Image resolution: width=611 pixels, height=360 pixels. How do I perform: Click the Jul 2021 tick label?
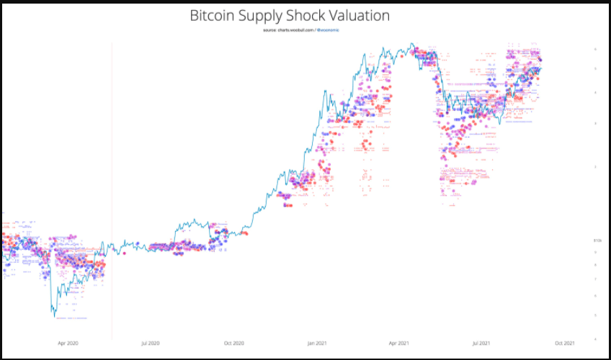pos(481,343)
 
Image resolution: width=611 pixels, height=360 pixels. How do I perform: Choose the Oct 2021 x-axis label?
pos(563,343)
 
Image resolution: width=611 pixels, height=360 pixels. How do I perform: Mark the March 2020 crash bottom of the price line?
pos(53,315)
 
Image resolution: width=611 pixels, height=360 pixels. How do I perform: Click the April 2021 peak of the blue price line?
pos(411,43)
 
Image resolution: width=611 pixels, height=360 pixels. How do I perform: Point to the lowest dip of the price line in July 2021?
pos(499,125)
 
